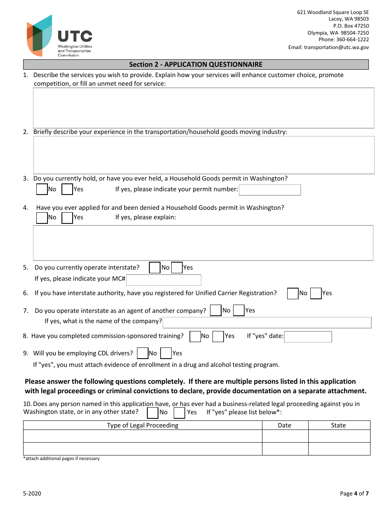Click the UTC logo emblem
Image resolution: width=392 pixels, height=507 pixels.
point(40,36)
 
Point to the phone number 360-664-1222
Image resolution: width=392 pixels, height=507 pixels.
point(352,40)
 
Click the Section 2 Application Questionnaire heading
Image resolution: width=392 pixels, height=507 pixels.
point(196,64)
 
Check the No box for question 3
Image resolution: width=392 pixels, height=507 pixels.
point(42,189)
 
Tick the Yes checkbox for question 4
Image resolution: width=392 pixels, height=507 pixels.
point(67,218)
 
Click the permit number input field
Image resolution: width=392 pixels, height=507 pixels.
point(270,190)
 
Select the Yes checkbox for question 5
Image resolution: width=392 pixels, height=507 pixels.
point(177,268)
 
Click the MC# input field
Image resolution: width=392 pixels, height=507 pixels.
point(164,280)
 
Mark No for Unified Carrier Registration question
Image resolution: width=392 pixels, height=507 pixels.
point(293,293)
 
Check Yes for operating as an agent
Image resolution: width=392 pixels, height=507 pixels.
point(239,311)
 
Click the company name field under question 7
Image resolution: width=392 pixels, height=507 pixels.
point(267,322)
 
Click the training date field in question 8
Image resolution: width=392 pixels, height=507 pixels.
point(308,337)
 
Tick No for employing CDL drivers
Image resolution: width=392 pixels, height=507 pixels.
point(142,353)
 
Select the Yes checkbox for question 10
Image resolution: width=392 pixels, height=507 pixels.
point(179,413)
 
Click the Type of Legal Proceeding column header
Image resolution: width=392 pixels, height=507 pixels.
point(143,425)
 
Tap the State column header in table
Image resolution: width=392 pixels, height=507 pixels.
point(338,425)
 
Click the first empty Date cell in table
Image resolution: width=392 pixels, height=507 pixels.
point(285,436)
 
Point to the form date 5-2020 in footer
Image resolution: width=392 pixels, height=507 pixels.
point(32,493)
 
